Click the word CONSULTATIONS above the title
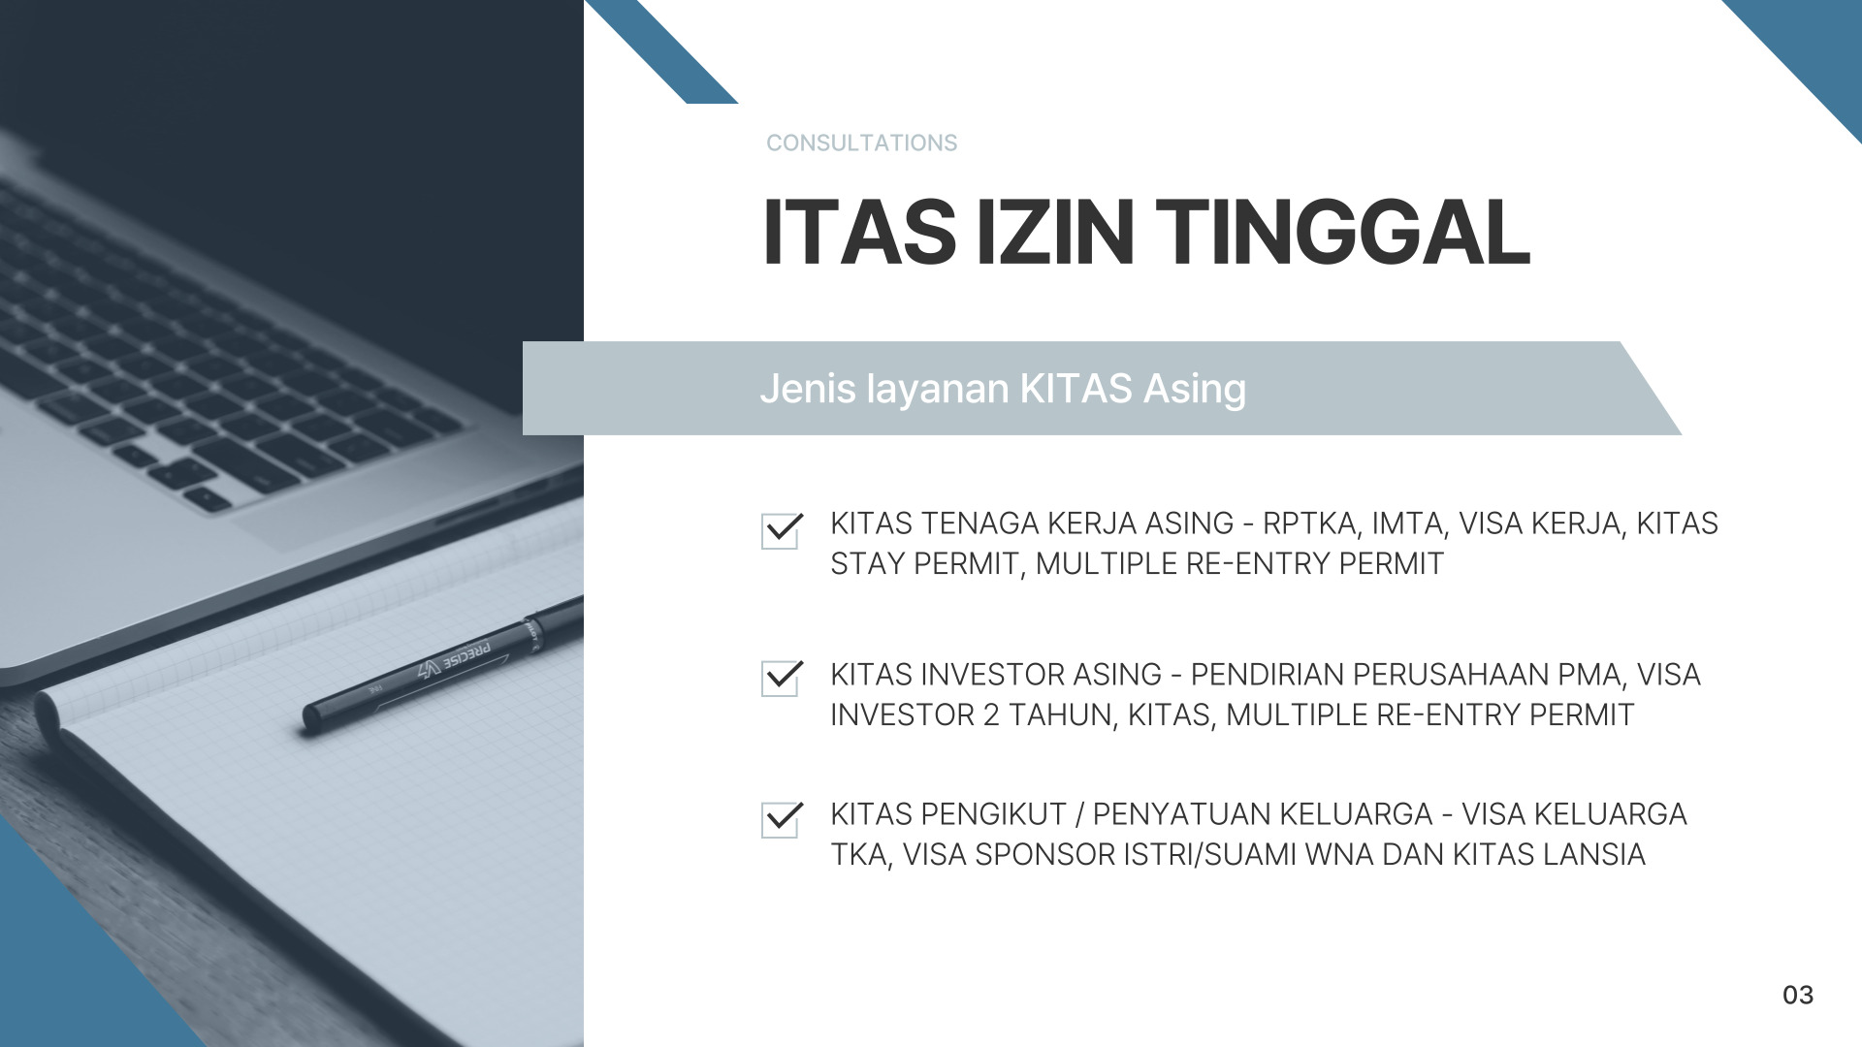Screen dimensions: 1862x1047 click(x=861, y=143)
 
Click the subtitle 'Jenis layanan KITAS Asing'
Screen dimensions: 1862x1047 click(x=1003, y=389)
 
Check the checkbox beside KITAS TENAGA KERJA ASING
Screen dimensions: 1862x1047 click(x=781, y=531)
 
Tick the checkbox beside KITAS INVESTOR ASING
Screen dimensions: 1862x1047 click(x=781, y=679)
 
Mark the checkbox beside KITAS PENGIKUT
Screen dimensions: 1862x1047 click(x=781, y=819)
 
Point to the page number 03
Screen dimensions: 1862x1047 click(x=1798, y=996)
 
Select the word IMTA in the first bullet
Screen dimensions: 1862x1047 click(x=1409, y=523)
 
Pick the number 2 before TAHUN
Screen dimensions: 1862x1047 click(x=991, y=715)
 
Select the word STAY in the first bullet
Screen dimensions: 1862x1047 click(x=868, y=564)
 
